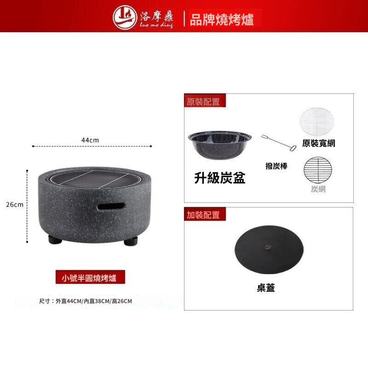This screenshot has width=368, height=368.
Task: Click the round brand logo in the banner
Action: [x=124, y=17]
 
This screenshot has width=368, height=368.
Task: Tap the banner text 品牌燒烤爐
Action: [x=222, y=19]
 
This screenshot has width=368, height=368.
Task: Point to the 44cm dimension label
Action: [x=90, y=140]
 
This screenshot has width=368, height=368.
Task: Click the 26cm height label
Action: [x=15, y=205]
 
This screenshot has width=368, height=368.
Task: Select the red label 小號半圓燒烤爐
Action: [x=90, y=277]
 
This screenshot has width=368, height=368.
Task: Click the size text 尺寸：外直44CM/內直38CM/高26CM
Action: [x=86, y=301]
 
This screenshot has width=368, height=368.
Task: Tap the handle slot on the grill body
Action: [x=111, y=207]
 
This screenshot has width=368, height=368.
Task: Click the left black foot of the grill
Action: [x=55, y=239]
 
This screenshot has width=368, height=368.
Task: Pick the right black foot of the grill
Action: [x=131, y=241]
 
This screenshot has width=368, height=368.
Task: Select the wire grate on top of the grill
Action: [x=96, y=179]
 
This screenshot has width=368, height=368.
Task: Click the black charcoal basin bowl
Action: [x=220, y=144]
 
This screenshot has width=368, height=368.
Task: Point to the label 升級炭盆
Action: [x=220, y=178]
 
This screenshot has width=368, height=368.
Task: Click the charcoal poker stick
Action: [x=279, y=143]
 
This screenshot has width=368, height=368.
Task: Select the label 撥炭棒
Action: [x=276, y=166]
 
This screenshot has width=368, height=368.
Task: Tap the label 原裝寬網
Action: [x=318, y=143]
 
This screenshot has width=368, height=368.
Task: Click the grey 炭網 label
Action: [x=318, y=189]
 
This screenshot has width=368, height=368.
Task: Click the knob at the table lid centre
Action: [x=267, y=247]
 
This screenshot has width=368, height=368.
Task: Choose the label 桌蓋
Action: [x=266, y=288]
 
